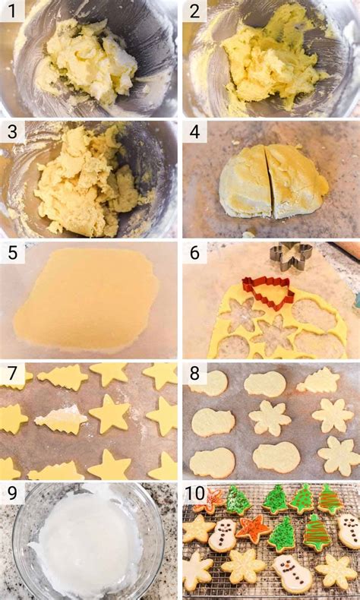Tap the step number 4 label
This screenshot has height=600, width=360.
pyautogui.click(x=194, y=131)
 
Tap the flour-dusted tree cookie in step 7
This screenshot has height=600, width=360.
pyautogui.click(x=61, y=418)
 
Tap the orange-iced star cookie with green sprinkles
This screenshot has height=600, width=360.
pyautogui.click(x=252, y=527)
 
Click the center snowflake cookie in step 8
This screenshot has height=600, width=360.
pyautogui.click(x=270, y=418)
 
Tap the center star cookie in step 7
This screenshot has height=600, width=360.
pyautogui.click(x=109, y=413)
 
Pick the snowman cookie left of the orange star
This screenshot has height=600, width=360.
pyautogui.click(x=223, y=533)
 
